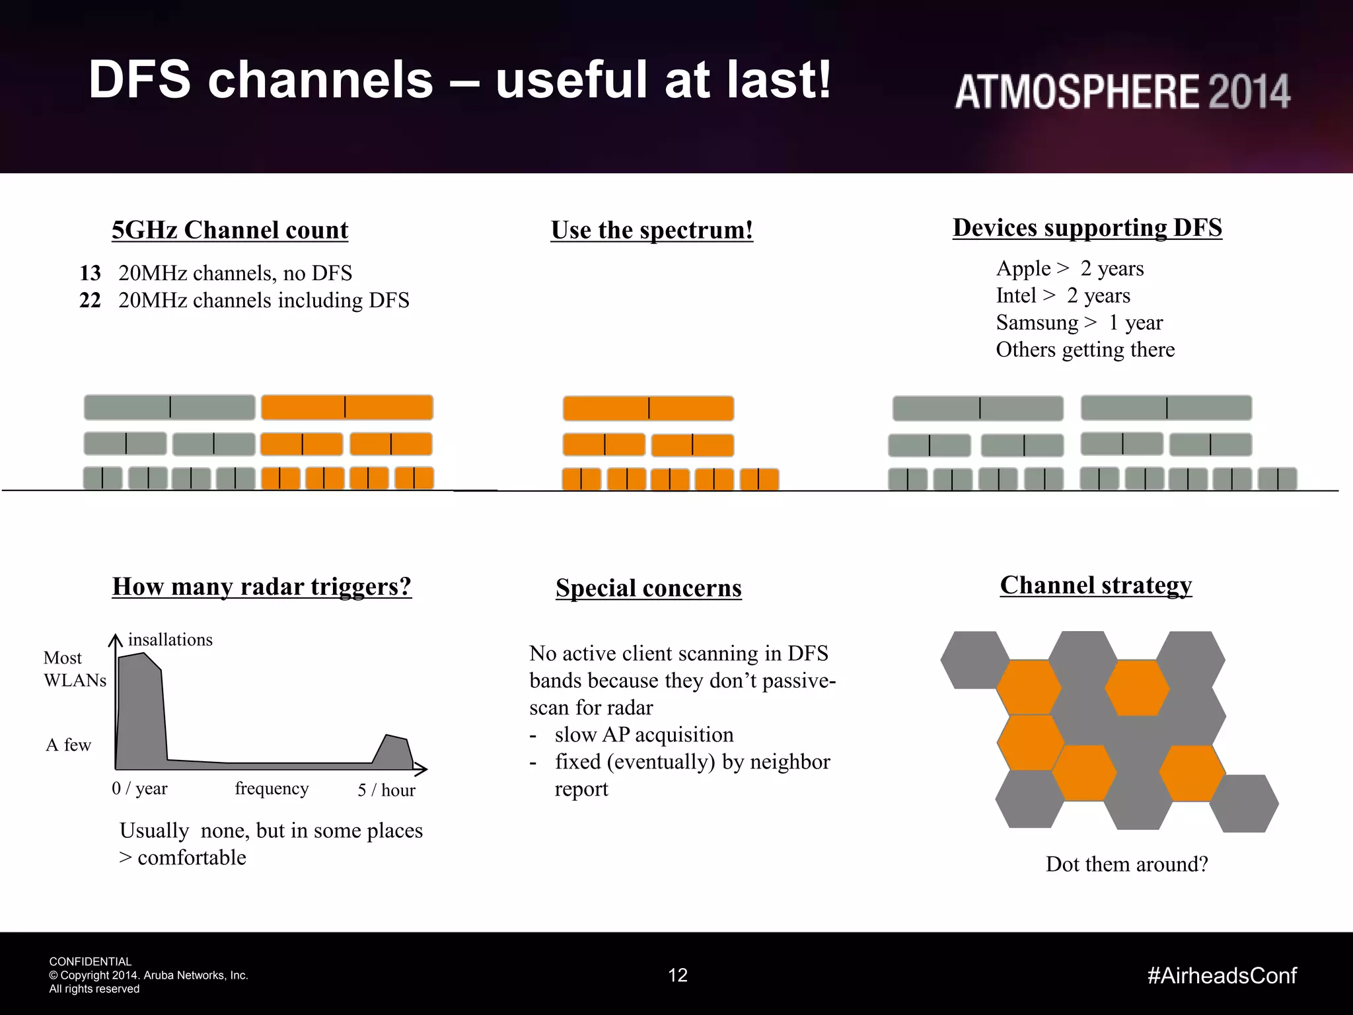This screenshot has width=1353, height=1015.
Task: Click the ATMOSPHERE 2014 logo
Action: click(x=1122, y=91)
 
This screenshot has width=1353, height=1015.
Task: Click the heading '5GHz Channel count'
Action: click(x=229, y=230)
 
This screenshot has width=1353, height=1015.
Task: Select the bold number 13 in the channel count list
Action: click(x=90, y=273)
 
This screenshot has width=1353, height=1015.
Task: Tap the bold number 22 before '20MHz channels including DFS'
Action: click(x=90, y=300)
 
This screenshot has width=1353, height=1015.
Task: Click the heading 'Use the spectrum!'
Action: click(x=651, y=230)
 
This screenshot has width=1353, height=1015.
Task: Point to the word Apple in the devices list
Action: click(x=1023, y=268)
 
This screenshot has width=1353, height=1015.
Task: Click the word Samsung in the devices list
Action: click(x=1037, y=322)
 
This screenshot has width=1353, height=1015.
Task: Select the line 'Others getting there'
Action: click(x=1085, y=350)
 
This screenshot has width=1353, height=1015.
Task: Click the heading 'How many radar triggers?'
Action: click(x=262, y=586)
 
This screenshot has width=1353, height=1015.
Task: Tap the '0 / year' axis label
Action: click(x=139, y=788)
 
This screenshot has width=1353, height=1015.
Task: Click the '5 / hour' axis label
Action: click(x=386, y=790)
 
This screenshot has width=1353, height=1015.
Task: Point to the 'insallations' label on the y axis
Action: click(x=170, y=640)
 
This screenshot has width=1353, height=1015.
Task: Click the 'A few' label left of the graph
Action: click(x=68, y=745)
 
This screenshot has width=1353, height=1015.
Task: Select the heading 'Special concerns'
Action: click(x=648, y=588)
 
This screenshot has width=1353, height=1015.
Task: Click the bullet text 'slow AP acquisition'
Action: click(x=643, y=735)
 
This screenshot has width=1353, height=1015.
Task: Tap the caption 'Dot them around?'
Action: click(x=1126, y=864)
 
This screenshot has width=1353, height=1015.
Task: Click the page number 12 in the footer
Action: click(x=678, y=975)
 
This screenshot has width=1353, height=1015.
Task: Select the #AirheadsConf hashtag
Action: click(x=1222, y=975)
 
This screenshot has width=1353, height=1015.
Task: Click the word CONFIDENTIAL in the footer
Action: click(x=91, y=961)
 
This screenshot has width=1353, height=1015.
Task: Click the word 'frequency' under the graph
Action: click(x=272, y=788)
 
